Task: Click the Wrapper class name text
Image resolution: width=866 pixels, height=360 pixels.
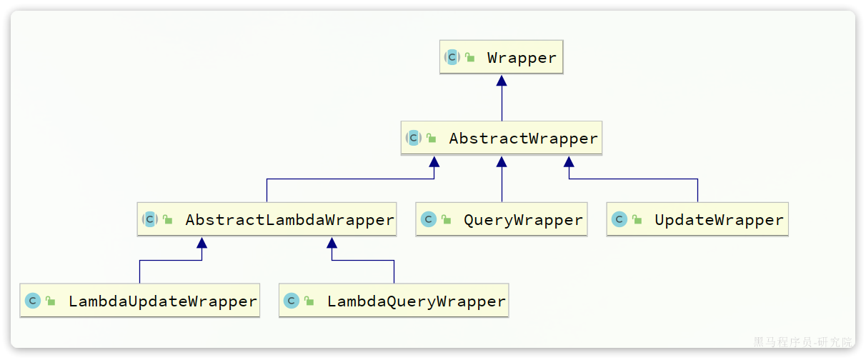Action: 522,58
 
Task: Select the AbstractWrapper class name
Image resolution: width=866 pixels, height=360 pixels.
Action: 523,139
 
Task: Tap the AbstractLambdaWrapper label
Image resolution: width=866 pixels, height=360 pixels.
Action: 289,220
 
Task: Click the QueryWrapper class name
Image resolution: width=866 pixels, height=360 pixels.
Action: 523,220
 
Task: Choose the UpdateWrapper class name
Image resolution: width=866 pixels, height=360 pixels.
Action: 719,220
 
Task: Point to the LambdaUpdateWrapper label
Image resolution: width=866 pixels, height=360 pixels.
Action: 162,301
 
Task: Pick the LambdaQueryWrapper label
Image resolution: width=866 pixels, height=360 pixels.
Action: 416,301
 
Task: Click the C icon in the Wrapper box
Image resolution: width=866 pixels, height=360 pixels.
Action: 452,58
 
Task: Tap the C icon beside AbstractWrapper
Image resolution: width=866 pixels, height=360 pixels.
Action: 414,139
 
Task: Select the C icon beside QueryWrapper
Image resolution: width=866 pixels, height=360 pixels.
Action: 429,220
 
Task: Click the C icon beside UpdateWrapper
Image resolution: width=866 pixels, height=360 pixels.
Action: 619,220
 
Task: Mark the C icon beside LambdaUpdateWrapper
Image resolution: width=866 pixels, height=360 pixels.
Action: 33,301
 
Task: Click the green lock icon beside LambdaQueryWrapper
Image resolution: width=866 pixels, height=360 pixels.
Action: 309,301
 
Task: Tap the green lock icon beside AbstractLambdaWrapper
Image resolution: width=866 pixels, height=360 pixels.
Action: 168,220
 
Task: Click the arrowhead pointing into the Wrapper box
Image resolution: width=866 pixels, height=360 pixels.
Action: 502,80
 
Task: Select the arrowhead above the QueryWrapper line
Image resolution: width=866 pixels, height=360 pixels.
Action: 502,161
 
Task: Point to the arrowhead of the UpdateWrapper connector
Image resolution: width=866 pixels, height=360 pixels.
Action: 569,161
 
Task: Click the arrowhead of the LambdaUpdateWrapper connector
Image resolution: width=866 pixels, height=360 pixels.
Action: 202,243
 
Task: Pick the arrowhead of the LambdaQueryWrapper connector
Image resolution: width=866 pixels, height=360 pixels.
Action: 332,243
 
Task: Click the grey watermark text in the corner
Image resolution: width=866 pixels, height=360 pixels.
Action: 802,342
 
